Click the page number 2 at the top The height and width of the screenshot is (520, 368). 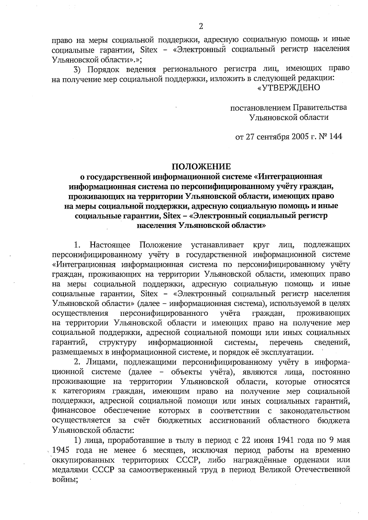click(x=201, y=26)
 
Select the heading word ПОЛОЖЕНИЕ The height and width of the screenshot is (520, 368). click(x=201, y=167)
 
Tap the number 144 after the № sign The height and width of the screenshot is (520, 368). click(x=335, y=137)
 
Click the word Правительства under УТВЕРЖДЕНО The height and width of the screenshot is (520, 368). click(x=320, y=107)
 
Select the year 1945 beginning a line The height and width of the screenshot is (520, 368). click(x=60, y=450)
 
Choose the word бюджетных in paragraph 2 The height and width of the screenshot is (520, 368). click(x=179, y=420)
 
